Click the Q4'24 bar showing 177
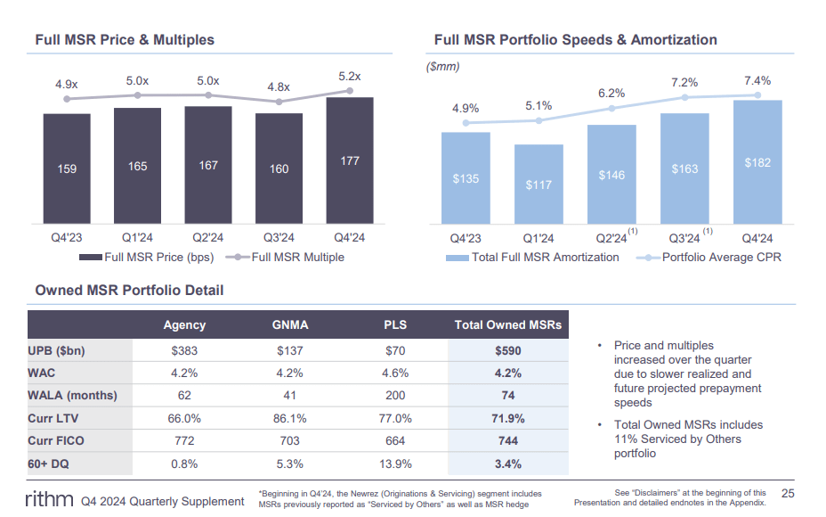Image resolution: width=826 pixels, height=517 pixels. (x=350, y=160)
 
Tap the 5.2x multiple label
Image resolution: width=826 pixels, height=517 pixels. (x=350, y=78)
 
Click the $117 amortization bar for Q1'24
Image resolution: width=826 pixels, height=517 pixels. (x=539, y=185)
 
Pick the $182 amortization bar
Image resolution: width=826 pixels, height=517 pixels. (x=757, y=162)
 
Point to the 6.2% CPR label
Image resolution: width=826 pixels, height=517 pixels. (x=611, y=93)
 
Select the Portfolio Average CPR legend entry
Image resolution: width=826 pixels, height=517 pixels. (x=712, y=257)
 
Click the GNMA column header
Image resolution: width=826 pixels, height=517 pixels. (x=290, y=325)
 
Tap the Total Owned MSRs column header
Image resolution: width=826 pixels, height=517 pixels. (x=508, y=325)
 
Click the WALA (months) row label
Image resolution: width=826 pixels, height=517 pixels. (x=73, y=395)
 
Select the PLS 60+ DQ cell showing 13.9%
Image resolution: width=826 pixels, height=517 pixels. (x=395, y=464)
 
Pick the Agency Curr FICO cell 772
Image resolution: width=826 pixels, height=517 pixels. (x=184, y=440)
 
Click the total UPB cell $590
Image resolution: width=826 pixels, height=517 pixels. (x=508, y=350)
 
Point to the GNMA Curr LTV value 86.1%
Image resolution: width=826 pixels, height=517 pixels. (x=290, y=418)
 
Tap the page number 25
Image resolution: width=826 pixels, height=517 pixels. (x=787, y=493)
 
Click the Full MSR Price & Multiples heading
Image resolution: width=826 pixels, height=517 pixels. (x=125, y=40)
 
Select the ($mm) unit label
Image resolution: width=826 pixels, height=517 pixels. (x=443, y=67)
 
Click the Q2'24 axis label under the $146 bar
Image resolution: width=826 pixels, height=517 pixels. (x=611, y=238)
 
